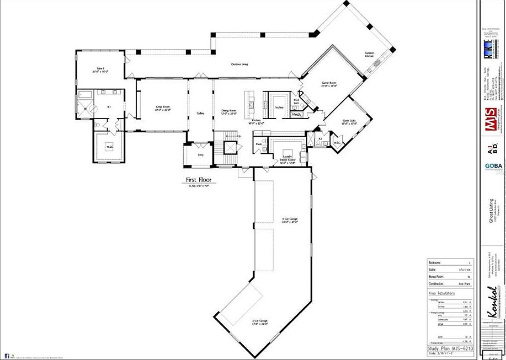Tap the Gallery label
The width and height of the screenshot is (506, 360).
(x=201, y=114)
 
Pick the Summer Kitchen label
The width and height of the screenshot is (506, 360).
(x=369, y=55)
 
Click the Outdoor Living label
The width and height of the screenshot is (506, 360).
(x=239, y=65)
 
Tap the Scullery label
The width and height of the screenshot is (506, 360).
(x=279, y=107)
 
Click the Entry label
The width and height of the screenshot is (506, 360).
(x=201, y=155)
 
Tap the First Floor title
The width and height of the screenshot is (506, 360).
(x=198, y=180)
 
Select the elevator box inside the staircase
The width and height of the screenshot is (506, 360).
(x=230, y=148)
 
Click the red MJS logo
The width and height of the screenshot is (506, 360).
(x=491, y=126)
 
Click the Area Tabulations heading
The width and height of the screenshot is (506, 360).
(x=441, y=293)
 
